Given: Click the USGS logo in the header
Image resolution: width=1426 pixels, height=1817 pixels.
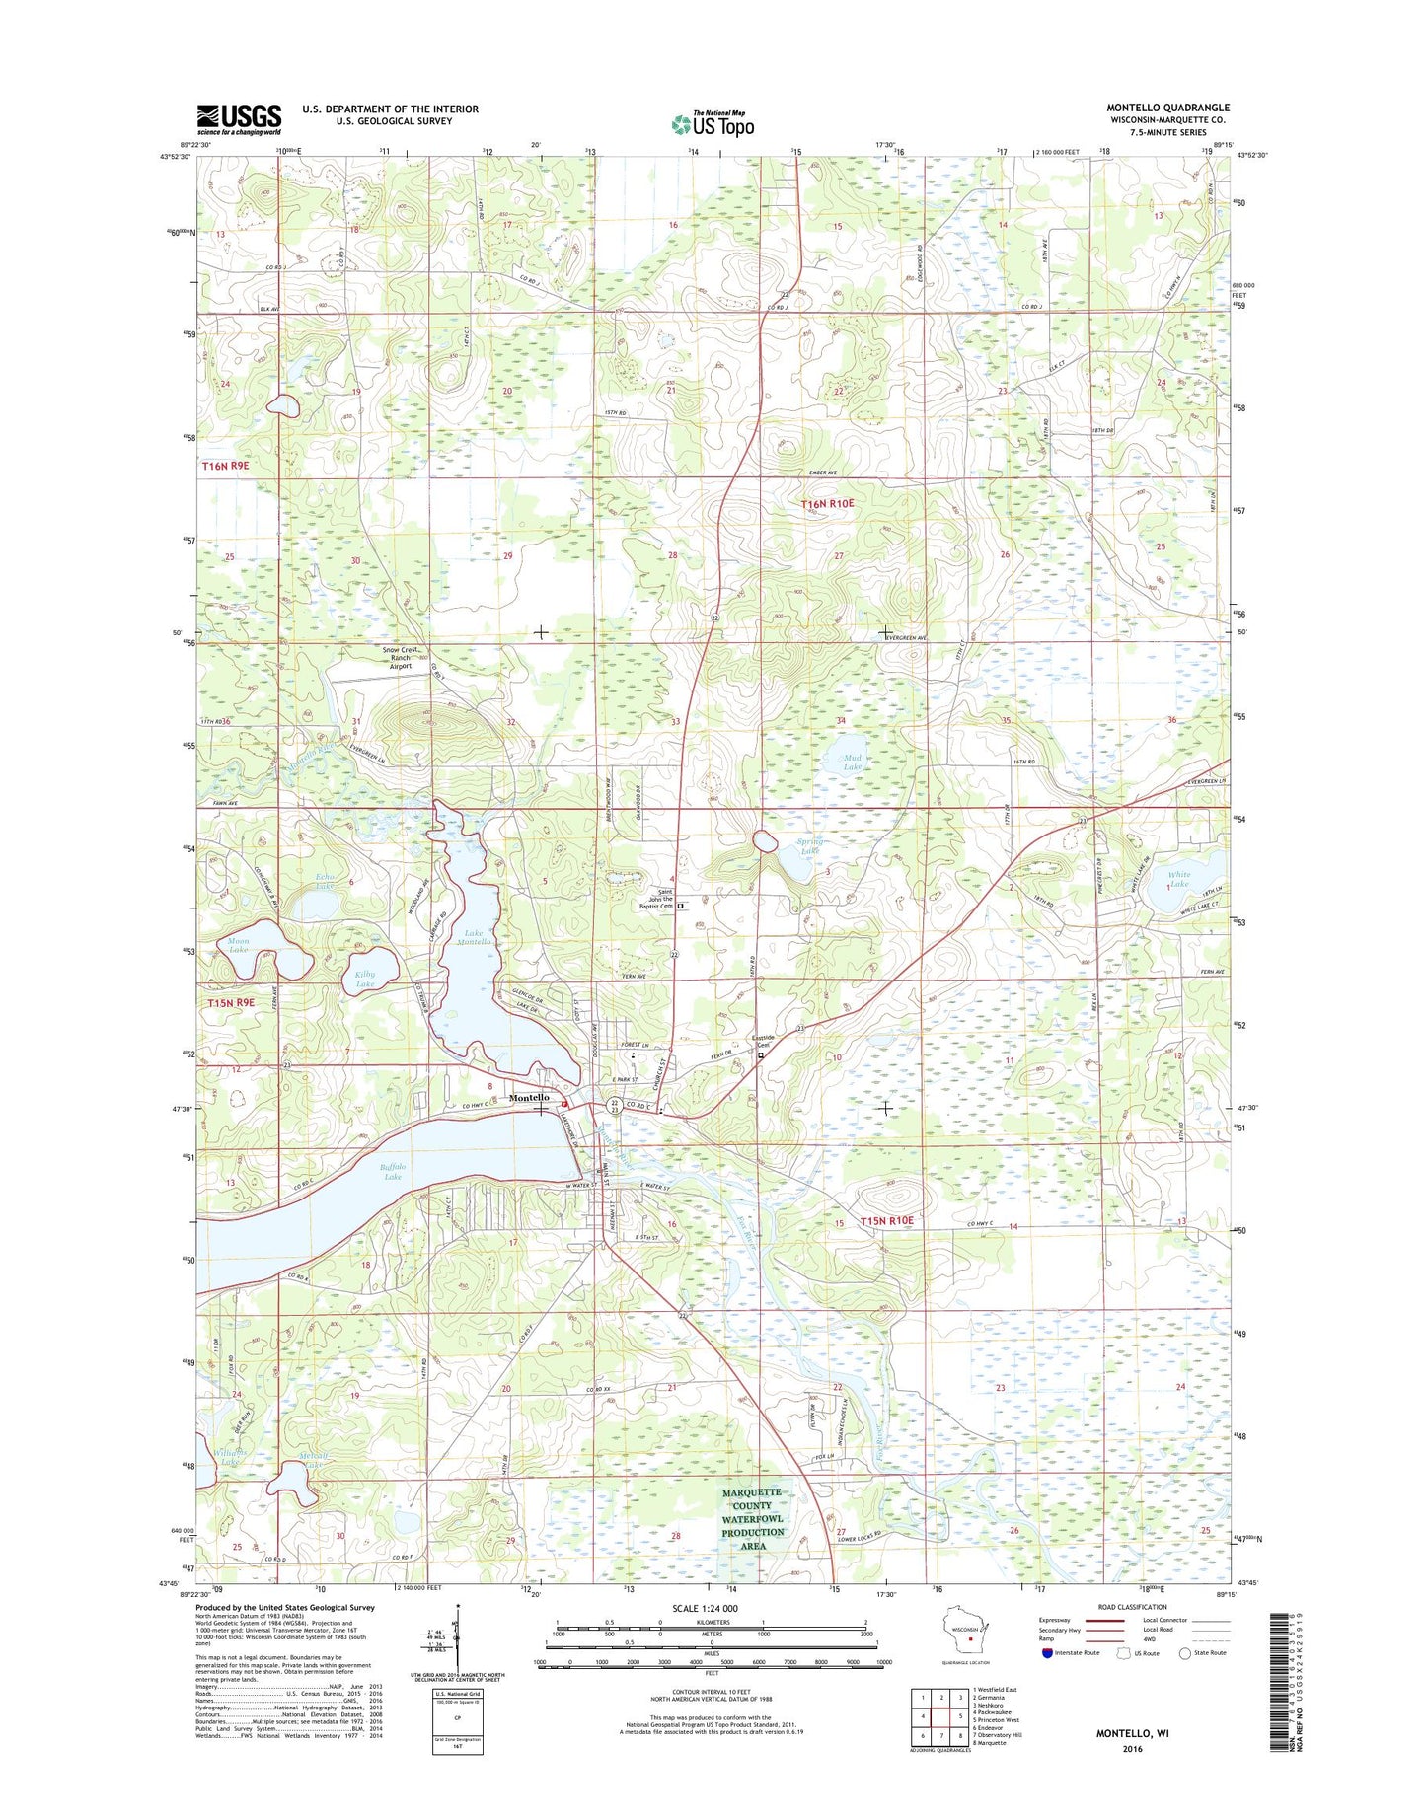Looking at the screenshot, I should coord(238,118).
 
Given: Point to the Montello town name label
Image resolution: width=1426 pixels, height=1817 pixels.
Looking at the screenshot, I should coord(529,1098).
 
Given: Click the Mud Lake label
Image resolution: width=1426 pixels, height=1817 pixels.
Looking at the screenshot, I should coord(852,762).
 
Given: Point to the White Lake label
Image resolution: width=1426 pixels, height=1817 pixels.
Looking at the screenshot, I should coord(1178,879).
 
